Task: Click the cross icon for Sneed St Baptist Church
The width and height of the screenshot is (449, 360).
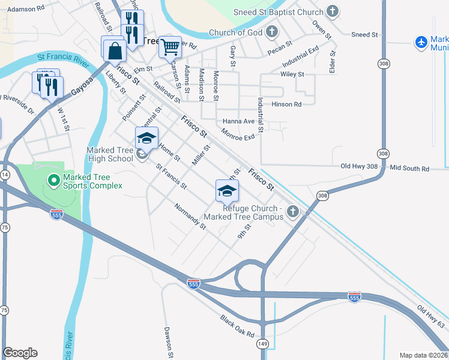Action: pyautogui.click(x=332, y=12)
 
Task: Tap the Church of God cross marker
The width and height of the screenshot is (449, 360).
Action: pyautogui.click(x=273, y=32)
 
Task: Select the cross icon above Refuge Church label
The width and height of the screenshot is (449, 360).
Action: pyautogui.click(x=293, y=211)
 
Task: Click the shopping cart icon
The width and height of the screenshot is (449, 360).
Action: pyautogui.click(x=170, y=46)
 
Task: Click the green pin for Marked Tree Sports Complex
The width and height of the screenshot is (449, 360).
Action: pyautogui.click(x=53, y=179)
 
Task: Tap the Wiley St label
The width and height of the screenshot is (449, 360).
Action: pyautogui.click(x=292, y=74)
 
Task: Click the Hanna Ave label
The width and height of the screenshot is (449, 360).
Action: pyautogui.click(x=238, y=121)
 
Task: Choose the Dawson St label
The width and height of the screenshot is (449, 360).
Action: pyautogui.click(x=169, y=338)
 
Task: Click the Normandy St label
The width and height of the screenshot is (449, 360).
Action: pyautogui.click(x=190, y=217)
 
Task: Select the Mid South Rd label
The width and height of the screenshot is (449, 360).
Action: pyautogui.click(x=410, y=169)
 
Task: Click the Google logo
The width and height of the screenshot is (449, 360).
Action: pyautogui.click(x=20, y=353)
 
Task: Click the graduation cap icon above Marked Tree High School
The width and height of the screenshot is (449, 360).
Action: pyautogui.click(x=146, y=139)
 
